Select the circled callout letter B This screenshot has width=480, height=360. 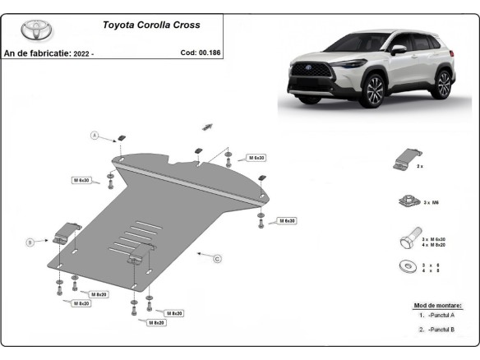click(30, 242)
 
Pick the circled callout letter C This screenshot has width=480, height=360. click(217, 260)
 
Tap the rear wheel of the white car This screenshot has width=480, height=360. click(443, 82)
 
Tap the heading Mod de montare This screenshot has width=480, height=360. click(437, 305)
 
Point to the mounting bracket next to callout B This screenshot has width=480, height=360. click(65, 232)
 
